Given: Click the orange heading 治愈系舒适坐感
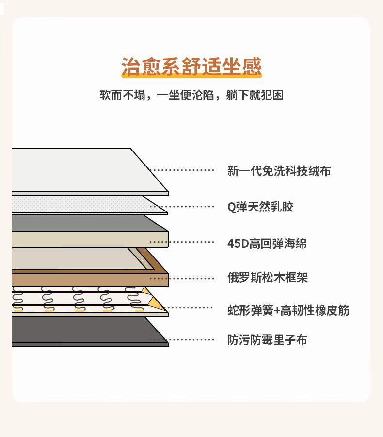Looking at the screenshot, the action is point(191,66).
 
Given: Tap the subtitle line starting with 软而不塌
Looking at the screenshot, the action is point(191,95).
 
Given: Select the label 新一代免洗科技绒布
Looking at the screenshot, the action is point(279,171).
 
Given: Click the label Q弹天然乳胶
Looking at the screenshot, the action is point(260,207).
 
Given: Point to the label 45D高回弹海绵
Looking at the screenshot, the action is point(267,243).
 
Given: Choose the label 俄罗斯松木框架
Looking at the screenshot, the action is point(268,278).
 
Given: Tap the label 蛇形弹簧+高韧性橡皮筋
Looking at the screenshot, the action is point(288,310).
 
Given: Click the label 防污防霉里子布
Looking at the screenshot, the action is point(267,340).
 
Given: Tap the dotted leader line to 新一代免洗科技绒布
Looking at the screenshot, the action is point(182,170).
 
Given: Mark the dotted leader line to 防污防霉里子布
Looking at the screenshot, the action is point(182,340).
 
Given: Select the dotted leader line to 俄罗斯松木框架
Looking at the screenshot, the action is point(182,279).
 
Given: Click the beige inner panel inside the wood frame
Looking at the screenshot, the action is point(73,259).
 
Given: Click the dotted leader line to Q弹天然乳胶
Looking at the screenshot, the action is point(182,207).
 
